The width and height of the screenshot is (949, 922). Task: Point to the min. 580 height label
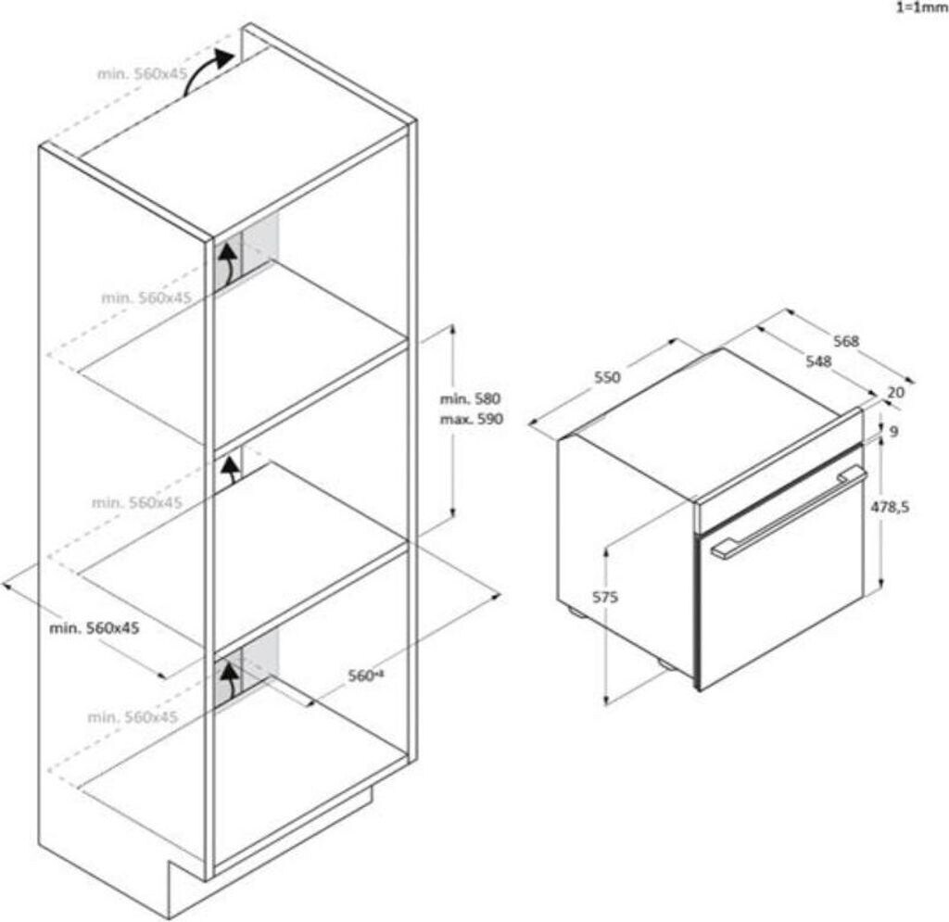[x=470, y=399]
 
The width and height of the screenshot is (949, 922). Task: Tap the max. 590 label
[x=471, y=419]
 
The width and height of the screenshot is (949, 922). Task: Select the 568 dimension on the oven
[x=846, y=341]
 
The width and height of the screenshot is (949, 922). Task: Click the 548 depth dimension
[x=817, y=361]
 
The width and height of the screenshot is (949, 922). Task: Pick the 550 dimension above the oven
[x=606, y=377]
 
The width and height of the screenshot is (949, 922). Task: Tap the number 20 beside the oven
[x=895, y=392]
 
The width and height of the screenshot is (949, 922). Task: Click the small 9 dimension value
[x=892, y=432]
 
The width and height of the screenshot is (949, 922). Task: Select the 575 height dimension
[x=604, y=598]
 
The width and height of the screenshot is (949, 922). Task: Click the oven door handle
[x=788, y=515]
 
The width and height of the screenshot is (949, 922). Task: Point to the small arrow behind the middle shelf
[x=228, y=471]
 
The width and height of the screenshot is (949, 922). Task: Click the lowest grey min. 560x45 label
[x=133, y=717]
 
